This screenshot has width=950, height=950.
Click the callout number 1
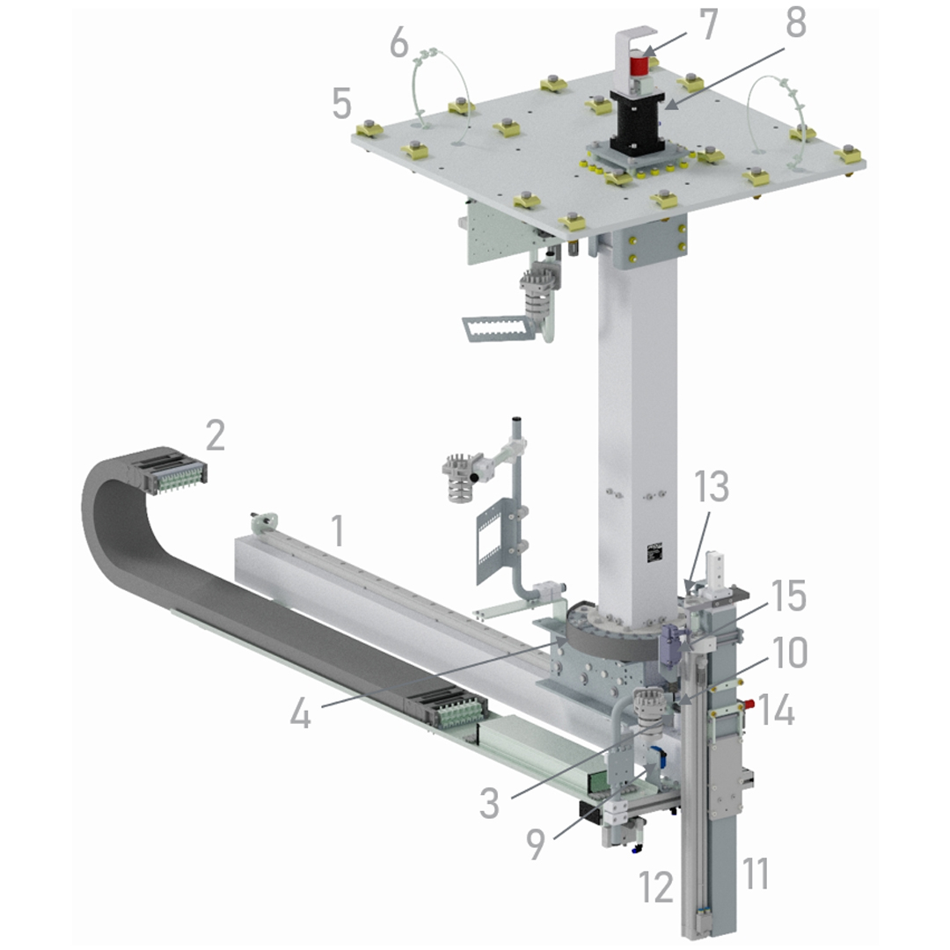coord(338,530)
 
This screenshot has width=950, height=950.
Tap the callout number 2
coord(216,435)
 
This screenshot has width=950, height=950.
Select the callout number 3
coord(489,803)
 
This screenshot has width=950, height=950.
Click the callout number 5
coord(341,103)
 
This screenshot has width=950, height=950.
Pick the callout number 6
coord(399,43)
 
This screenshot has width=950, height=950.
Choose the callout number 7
coord(707,25)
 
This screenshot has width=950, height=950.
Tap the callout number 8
coord(796,23)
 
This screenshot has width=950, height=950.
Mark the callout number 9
coord(535,844)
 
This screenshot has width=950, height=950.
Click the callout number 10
coord(788,653)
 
